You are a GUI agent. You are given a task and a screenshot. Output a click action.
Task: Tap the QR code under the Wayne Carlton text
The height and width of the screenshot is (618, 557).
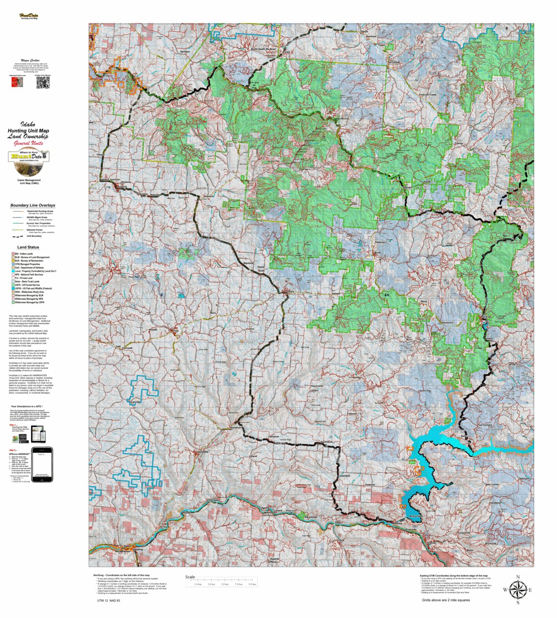43,83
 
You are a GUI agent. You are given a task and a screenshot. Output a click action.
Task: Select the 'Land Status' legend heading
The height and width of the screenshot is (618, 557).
28,247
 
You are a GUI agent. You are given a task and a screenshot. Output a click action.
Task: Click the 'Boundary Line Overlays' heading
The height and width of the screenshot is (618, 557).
32,205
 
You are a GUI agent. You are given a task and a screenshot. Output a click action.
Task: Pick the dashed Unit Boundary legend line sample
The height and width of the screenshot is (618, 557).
18,236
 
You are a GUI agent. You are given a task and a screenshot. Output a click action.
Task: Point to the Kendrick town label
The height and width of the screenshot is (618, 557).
236,427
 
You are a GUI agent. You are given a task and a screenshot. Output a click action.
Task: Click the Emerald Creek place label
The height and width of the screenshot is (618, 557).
427,95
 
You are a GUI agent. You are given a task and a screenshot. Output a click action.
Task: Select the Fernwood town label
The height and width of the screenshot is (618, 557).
394,62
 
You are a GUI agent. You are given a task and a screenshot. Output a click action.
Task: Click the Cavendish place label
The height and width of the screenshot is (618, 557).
344,476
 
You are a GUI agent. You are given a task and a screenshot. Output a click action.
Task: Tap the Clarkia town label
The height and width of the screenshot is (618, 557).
459,143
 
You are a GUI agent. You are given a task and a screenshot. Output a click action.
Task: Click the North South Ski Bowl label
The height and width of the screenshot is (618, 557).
264,49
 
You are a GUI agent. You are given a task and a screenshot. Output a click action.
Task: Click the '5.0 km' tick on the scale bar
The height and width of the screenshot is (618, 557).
225,584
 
